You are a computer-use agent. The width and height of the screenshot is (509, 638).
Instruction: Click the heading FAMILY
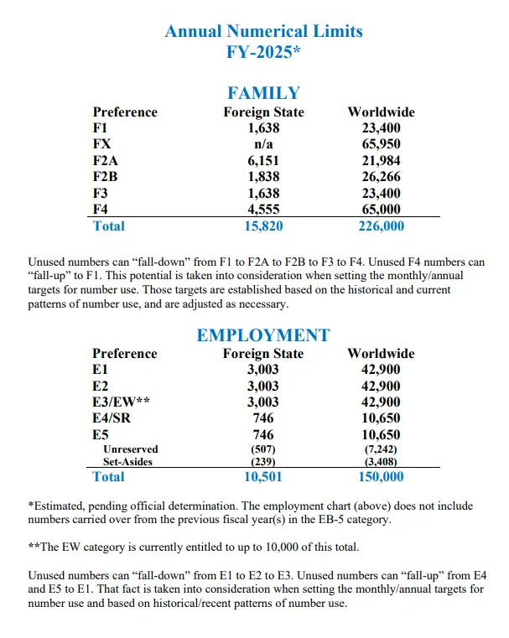click(x=263, y=93)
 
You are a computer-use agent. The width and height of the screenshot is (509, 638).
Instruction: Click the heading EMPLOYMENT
click(x=263, y=335)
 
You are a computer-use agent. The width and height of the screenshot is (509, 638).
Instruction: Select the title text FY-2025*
click(x=263, y=51)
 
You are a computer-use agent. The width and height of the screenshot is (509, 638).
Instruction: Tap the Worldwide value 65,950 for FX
click(x=381, y=144)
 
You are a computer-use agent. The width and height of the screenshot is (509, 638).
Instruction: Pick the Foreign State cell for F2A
click(x=263, y=161)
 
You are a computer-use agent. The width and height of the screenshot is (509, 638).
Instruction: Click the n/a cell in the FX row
click(x=263, y=144)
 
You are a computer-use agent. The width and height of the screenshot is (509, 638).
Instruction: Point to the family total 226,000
click(x=381, y=226)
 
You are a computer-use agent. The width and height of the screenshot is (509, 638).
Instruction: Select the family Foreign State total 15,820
click(x=263, y=226)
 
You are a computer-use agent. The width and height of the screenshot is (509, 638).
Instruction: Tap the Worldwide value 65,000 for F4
click(x=381, y=210)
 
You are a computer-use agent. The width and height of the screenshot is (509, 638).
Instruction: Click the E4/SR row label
click(x=114, y=418)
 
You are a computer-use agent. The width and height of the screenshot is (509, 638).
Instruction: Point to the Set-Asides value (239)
click(x=263, y=461)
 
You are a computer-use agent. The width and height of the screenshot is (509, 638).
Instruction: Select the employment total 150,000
click(x=381, y=477)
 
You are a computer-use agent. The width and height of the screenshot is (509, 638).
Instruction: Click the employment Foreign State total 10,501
click(x=263, y=477)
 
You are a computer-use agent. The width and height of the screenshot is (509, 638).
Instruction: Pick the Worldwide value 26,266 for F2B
click(x=381, y=177)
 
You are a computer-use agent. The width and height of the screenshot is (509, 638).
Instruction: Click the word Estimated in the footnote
click(x=60, y=506)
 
